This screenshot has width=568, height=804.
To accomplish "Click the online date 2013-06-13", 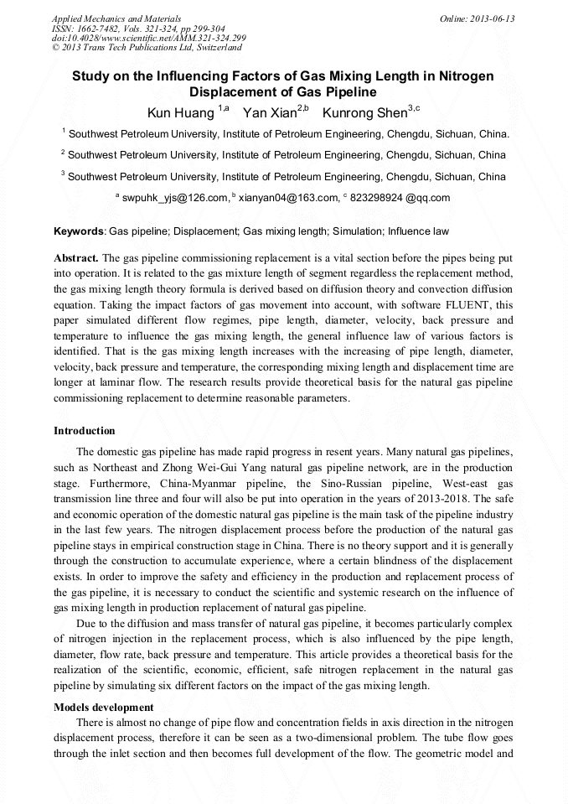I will pos(495,18).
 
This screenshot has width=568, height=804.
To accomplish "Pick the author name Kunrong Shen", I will pos(365,112).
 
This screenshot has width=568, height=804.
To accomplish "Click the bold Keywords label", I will pos(79,231).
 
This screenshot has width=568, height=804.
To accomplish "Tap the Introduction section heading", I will pos(85,431).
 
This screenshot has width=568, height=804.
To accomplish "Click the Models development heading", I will pos(104,707).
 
